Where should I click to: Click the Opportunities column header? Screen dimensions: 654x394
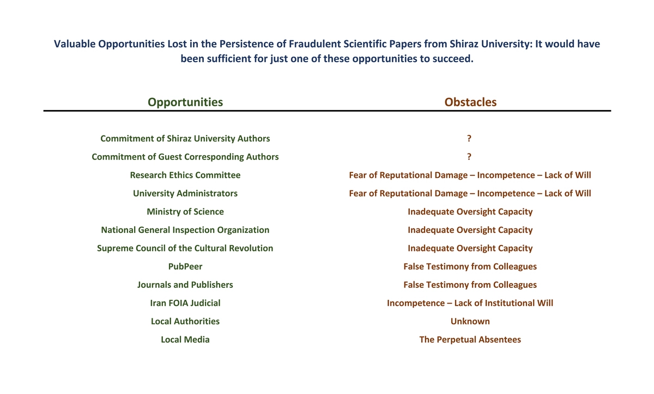coord(185,102)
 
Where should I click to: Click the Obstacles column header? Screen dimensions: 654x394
coord(470,102)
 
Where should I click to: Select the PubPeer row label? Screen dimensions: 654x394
coord(185,267)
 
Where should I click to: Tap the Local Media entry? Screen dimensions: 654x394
coord(185,340)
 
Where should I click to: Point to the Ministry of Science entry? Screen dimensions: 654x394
coord(185,212)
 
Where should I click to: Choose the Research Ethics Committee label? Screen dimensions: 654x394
coord(185,175)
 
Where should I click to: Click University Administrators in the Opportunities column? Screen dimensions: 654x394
coord(185,193)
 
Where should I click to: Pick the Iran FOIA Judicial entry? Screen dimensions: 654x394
coord(185,303)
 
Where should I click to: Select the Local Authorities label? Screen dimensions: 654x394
coord(185,321)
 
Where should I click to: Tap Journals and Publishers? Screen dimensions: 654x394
coord(185,285)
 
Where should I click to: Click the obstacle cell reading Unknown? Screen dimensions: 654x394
coord(470,321)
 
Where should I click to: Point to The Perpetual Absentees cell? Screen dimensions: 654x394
coord(470,340)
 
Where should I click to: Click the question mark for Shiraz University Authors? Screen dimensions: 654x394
coord(469,138)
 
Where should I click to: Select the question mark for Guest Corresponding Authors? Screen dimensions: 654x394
coord(469,157)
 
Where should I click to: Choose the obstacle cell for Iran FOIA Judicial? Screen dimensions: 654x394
coord(470,303)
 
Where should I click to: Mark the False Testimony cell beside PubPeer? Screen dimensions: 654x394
coord(470,267)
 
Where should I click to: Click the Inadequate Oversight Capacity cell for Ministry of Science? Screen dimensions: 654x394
coord(470,212)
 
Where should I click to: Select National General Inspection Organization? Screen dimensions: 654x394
coord(185,230)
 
